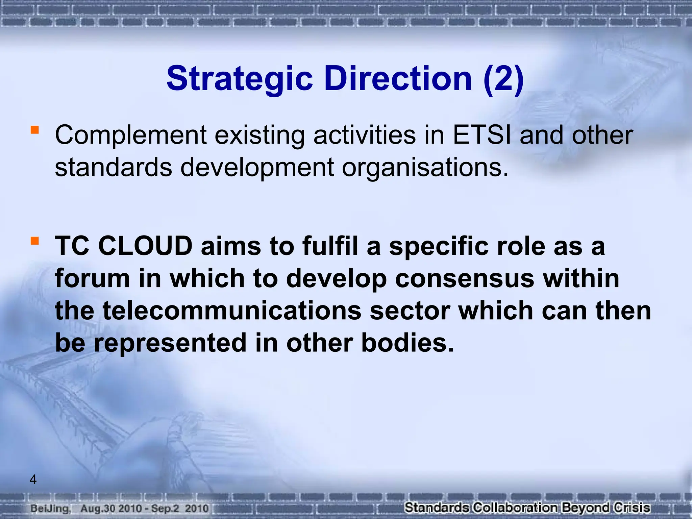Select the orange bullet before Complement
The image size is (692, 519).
pyautogui.click(x=34, y=130)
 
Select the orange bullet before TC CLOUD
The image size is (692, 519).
pyautogui.click(x=34, y=241)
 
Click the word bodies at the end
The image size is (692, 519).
pyautogui.click(x=407, y=343)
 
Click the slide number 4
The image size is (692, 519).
pyautogui.click(x=33, y=479)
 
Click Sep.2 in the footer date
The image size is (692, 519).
pyautogui.click(x=165, y=509)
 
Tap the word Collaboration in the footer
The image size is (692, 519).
pyautogui.click(x=515, y=508)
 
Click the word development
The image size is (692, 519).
pyautogui.click(x=257, y=168)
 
